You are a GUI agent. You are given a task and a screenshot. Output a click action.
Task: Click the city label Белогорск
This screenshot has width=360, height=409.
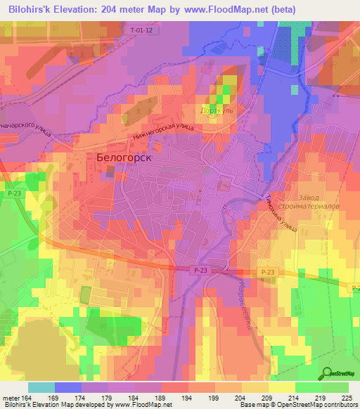(x=124, y=158)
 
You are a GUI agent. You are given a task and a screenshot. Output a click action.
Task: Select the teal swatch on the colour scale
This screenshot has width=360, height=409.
(x=41, y=387)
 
